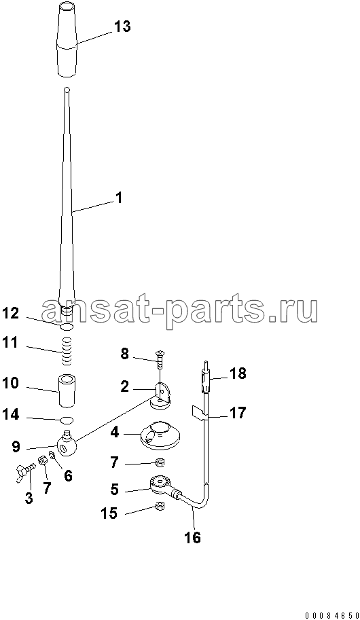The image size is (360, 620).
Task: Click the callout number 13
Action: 122,27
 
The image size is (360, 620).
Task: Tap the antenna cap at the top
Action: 67,39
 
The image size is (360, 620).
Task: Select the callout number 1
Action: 118,198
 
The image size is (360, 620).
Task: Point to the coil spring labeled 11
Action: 67,350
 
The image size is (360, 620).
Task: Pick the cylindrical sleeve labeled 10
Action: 67,390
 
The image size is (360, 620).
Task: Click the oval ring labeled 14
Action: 67,420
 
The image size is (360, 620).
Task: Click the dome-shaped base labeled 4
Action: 159,436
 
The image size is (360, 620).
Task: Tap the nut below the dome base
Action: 160,462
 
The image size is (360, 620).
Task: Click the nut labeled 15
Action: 159,505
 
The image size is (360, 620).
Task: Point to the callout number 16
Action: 194,537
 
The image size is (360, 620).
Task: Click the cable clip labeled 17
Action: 200,412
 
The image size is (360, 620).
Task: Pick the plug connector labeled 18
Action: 206,378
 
